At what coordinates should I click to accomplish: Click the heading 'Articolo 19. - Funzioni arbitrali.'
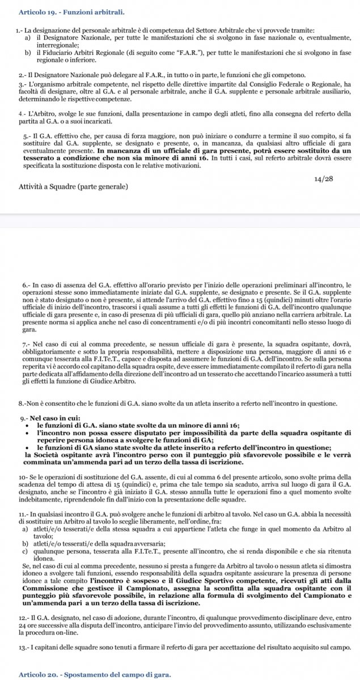(x=72, y=11)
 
